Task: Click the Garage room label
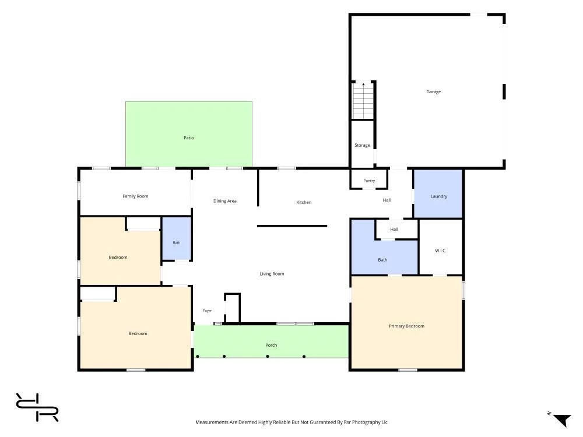pos(434,92)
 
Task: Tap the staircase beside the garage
pos(363,101)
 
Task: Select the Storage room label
pos(362,145)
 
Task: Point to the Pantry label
pos(369,181)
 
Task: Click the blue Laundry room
pos(438,193)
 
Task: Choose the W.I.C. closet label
pos(441,251)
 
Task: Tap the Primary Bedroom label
pos(406,326)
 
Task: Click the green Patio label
pos(188,138)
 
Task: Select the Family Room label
pos(135,196)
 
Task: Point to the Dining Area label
pos(225,201)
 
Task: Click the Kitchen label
pos(304,203)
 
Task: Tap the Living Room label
pos(272,274)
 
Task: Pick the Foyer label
pos(208,311)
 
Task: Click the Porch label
pos(271,345)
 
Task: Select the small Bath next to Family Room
pos(177,238)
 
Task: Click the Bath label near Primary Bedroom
pos(382,260)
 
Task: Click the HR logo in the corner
pos(37,407)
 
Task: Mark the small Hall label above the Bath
pos(394,229)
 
